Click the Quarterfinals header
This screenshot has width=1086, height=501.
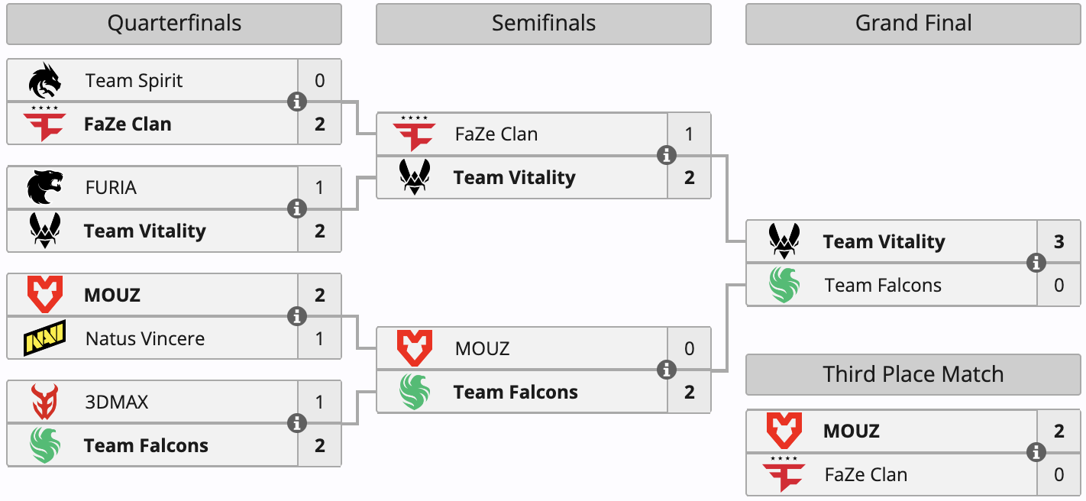click(174, 24)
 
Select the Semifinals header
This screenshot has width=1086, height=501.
click(543, 24)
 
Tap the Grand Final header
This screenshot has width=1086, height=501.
click(913, 24)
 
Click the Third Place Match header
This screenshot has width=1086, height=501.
click(913, 374)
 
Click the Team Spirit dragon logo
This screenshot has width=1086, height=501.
click(45, 80)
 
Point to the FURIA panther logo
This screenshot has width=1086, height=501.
click(45, 187)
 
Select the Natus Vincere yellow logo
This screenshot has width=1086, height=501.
click(45, 338)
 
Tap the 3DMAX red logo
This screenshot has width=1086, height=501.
click(45, 402)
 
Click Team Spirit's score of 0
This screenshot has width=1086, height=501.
click(319, 80)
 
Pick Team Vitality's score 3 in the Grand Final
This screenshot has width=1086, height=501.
click(1059, 242)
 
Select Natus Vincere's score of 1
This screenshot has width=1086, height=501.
click(319, 338)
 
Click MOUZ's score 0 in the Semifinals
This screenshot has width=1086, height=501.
click(689, 349)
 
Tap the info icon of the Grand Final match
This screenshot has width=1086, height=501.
click(1036, 263)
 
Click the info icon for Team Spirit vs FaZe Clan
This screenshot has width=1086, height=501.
click(297, 102)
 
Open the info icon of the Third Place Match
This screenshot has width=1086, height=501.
click(1036, 452)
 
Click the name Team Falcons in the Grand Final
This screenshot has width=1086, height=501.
click(883, 286)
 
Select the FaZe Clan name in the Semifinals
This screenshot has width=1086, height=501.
click(496, 134)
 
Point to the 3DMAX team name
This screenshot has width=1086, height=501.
click(117, 402)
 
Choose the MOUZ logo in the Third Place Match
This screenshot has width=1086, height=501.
click(784, 431)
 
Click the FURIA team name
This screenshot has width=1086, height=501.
click(112, 187)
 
